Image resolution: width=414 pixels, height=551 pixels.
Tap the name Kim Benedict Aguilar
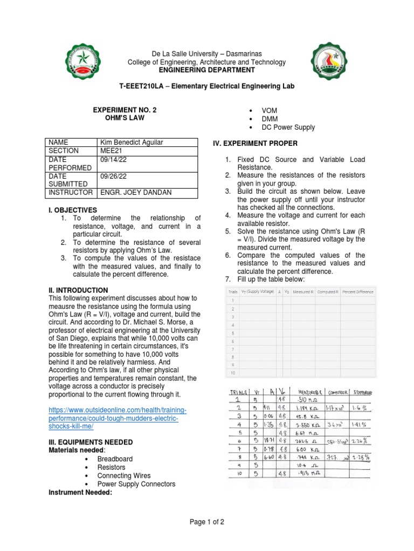[132, 142]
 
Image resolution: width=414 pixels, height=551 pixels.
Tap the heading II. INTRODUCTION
[78, 290]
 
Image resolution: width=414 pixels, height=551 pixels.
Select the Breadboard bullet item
[115, 459]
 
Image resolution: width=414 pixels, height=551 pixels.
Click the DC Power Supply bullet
[288, 128]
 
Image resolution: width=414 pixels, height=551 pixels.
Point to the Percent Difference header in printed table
[357, 292]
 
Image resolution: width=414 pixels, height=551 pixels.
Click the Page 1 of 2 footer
[207, 522]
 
